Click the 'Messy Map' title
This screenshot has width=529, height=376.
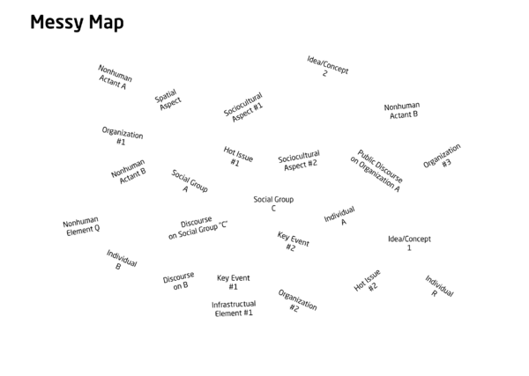point(77,23)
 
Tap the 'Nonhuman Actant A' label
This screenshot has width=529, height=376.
point(115,77)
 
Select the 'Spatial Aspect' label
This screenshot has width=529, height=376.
point(168,100)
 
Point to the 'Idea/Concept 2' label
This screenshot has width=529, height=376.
point(327,67)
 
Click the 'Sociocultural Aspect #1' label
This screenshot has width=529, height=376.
point(243,107)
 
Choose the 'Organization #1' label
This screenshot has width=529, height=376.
point(123,136)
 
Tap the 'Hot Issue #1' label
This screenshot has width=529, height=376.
point(237,157)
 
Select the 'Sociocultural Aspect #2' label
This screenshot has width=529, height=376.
point(299,160)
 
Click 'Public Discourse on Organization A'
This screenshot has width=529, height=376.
point(376,171)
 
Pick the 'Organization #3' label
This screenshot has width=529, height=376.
point(443,157)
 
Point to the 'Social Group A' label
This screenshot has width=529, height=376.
point(189,181)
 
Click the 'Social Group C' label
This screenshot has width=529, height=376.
point(273,203)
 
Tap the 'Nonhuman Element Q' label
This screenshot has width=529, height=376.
point(81,226)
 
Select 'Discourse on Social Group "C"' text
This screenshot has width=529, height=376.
point(198,227)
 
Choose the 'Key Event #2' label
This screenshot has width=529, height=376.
point(293,241)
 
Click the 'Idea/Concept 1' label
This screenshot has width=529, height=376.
point(409,243)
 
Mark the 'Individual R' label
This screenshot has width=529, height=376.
point(439,286)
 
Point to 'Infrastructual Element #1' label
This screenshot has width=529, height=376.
point(234,308)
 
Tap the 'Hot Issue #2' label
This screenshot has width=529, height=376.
point(368,280)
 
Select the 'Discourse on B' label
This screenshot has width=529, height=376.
point(179,281)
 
